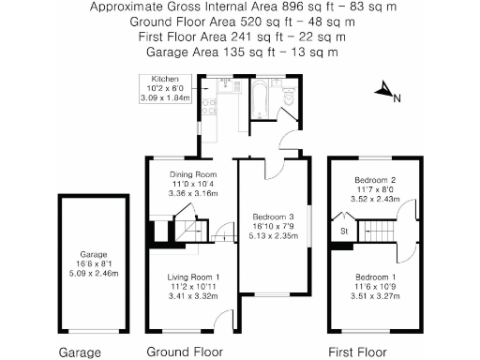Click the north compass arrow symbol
coord(384,91)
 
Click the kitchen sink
coord(202,106)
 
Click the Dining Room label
coord(192,174)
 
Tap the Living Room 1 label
coord(192,277)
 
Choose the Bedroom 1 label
coord(375,277)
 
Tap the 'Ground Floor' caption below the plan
coord(185,352)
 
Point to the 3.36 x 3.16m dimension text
coord(192,194)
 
